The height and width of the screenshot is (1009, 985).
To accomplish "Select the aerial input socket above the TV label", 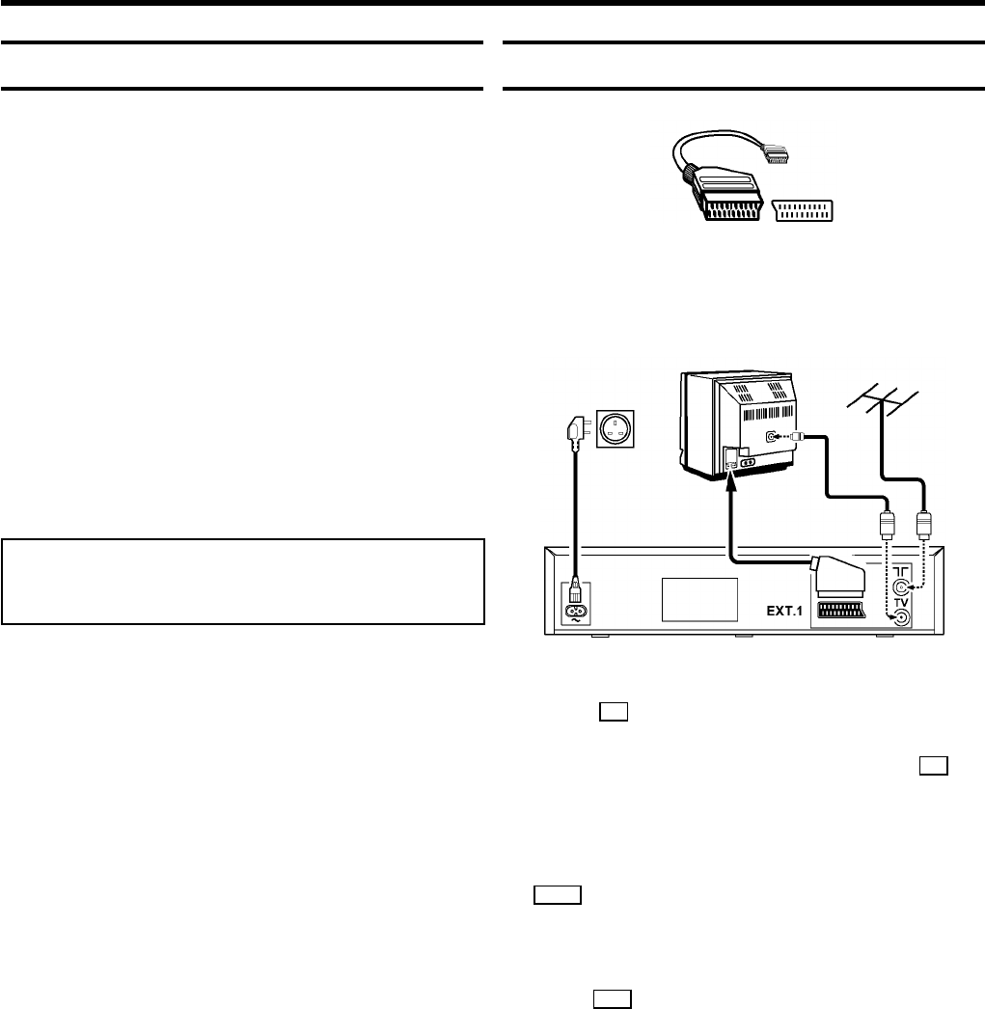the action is coord(901,586).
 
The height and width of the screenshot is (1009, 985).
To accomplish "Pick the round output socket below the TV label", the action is coord(901,619).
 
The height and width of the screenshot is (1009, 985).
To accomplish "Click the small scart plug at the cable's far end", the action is coord(777,151).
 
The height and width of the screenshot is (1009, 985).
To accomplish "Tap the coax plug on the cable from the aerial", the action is coord(923,527).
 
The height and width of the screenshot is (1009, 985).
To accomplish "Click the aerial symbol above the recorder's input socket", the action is coord(901,571).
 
